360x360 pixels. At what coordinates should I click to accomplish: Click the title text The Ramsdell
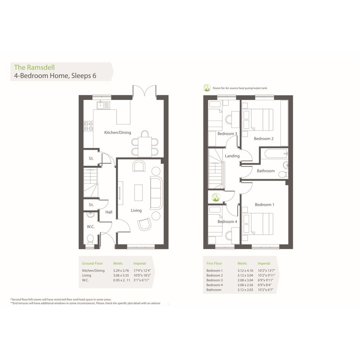tap(34, 67)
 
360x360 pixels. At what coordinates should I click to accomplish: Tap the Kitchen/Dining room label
tap(118, 133)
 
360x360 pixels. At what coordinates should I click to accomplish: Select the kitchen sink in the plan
tap(103, 105)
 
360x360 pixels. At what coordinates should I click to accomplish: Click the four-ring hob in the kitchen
tap(88, 126)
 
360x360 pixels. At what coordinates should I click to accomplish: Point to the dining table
tap(145, 147)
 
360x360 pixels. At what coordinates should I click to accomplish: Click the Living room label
tap(136, 211)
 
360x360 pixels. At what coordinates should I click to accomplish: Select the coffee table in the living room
tap(138, 193)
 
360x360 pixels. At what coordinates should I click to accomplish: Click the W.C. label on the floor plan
tap(91, 227)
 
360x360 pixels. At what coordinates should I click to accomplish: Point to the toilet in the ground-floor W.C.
tap(90, 239)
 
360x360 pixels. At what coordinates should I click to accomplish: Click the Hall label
tap(109, 212)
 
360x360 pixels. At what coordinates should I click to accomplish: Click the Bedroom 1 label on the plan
tap(264, 205)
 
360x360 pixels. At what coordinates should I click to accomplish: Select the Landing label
tap(232, 156)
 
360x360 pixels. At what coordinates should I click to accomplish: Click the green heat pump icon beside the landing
tap(215, 197)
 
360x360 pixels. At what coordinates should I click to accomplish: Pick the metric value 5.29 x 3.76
tap(121, 270)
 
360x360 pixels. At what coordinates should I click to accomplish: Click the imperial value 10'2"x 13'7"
tap(266, 270)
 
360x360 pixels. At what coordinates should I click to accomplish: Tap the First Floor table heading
tap(214, 263)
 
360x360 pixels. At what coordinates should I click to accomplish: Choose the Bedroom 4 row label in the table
tap(214, 285)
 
